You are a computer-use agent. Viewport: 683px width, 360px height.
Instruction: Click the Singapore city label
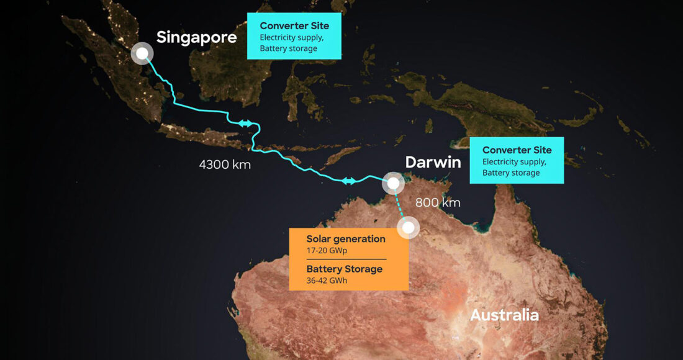coord(196,37)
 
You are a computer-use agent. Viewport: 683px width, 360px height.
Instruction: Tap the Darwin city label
coord(433,163)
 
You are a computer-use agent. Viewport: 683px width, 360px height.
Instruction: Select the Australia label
coord(504,315)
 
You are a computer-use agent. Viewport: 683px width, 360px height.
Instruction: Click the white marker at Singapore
coord(142,53)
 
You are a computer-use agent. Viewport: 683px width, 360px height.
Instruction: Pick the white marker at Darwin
coord(392,183)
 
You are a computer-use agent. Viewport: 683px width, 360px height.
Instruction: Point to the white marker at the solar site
coord(408,228)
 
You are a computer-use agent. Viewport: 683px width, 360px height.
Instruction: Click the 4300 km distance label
coord(225,165)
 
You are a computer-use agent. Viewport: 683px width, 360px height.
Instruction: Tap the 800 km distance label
coord(438,202)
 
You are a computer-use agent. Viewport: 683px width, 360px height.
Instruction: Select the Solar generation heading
coord(346,239)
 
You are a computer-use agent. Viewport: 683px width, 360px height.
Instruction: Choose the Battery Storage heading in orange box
coord(344,269)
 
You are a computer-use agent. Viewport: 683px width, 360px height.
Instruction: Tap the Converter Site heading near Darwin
coord(517,150)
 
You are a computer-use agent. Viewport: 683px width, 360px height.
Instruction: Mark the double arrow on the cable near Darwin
coord(349,181)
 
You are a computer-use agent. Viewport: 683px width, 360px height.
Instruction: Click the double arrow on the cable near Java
coord(245,124)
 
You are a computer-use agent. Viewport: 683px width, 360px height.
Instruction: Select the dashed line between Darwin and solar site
coord(400,205)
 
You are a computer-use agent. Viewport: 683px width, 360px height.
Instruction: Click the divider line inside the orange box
coord(346,259)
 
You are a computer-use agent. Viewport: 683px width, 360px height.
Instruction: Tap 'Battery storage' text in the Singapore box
coord(288,48)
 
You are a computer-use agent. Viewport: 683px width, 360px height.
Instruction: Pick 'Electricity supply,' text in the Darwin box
coord(514,162)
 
